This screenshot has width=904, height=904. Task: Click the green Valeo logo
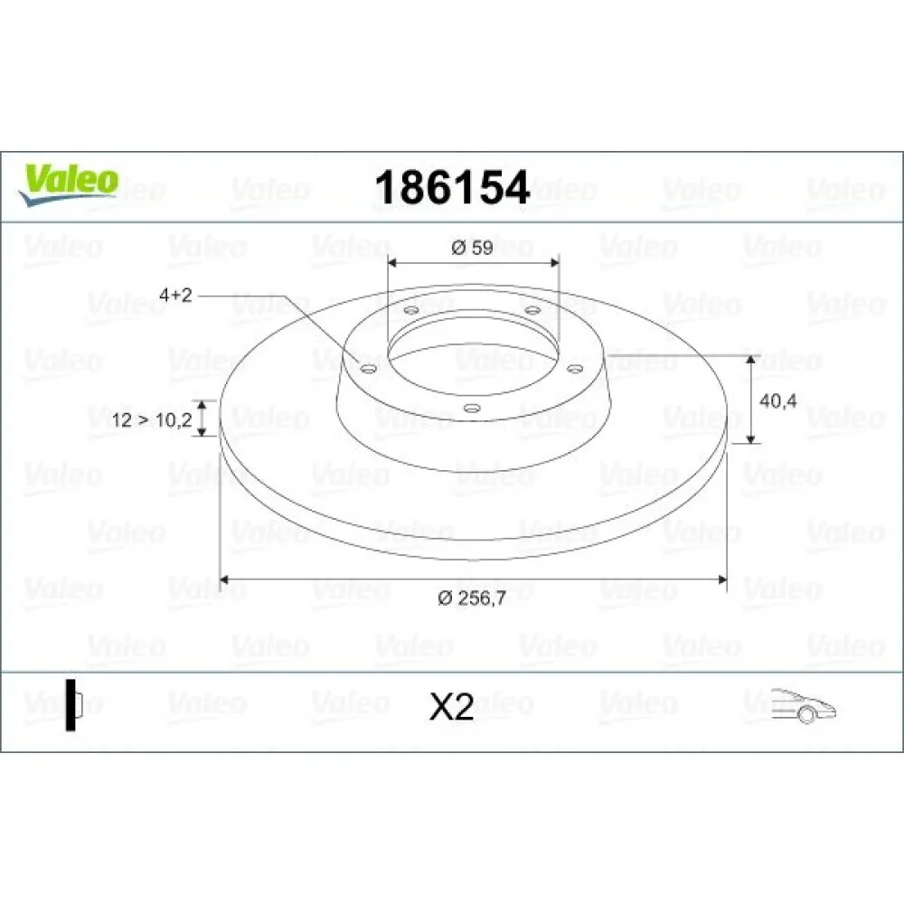69,180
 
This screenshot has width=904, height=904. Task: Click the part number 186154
451,187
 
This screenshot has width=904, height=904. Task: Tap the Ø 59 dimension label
472,248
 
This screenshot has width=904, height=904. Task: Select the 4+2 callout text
176,295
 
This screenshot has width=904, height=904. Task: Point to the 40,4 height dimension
777,402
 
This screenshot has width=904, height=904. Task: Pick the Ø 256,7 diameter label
472,598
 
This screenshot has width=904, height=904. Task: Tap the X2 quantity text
451,707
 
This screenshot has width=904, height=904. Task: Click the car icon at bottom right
804,704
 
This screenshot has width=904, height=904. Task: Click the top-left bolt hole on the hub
411,311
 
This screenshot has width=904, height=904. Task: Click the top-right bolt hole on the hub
532,311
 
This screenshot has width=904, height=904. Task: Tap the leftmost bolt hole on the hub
366,368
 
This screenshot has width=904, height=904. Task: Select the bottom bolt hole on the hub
471,408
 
